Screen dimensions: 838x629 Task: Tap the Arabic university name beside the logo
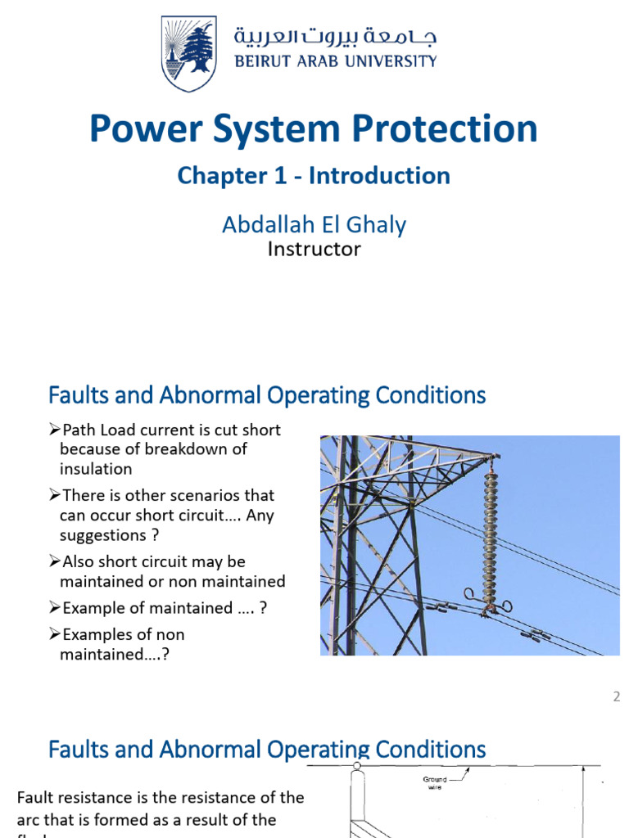pyautogui.click(x=336, y=37)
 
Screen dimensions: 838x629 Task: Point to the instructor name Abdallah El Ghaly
pyautogui.click(x=314, y=223)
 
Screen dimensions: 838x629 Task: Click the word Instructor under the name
pyautogui.click(x=314, y=249)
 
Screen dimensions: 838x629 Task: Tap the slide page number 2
pyautogui.click(x=616, y=697)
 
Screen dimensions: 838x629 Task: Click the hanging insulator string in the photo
pyautogui.click(x=491, y=532)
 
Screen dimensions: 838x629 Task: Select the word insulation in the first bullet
pyautogui.click(x=96, y=469)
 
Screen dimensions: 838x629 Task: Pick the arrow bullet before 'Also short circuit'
pyautogui.click(x=54, y=562)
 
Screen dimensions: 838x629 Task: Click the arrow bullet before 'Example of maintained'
pyautogui.click(x=54, y=608)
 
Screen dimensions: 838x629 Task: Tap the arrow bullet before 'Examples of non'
pyautogui.click(x=54, y=635)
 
